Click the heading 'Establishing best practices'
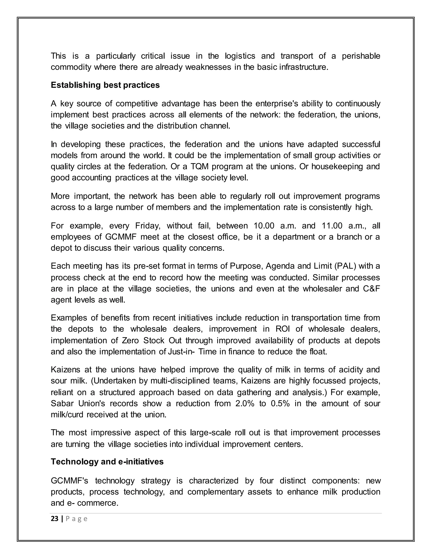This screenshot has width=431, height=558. click(x=105, y=85)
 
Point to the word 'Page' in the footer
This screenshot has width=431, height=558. click(x=77, y=519)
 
